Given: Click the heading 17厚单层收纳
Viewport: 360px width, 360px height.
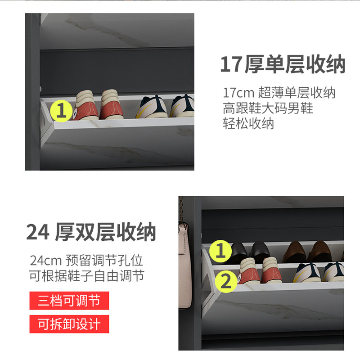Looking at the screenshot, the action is (x=283, y=64).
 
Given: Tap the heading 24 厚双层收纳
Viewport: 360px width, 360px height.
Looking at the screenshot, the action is (x=91, y=232).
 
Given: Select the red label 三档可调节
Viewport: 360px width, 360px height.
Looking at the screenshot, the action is (x=69, y=301).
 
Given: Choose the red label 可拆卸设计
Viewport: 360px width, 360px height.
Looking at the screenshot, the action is (x=69, y=324).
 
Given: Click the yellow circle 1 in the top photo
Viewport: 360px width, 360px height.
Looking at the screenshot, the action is (x=61, y=111).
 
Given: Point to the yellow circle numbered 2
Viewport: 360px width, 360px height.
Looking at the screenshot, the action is (x=226, y=282).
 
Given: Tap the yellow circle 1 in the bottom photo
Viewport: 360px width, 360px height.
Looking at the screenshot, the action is (x=220, y=251).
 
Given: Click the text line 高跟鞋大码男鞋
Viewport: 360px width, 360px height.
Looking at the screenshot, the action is (x=268, y=108).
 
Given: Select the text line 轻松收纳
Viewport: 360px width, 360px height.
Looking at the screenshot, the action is (x=248, y=123).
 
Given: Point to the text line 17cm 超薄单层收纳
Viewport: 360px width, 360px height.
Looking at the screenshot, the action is (x=279, y=93).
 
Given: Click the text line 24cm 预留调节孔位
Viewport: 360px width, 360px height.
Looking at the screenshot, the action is (x=86, y=261).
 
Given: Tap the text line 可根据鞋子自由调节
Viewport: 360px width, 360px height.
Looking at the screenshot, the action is (x=86, y=276).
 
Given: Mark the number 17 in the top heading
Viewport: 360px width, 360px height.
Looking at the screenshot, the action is (x=231, y=64).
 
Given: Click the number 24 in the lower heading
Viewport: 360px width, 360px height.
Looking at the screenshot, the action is (x=38, y=232).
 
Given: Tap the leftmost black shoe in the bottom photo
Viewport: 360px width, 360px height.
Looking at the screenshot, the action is (x=239, y=252).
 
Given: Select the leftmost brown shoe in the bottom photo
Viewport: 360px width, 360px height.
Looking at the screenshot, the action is (x=294, y=252).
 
